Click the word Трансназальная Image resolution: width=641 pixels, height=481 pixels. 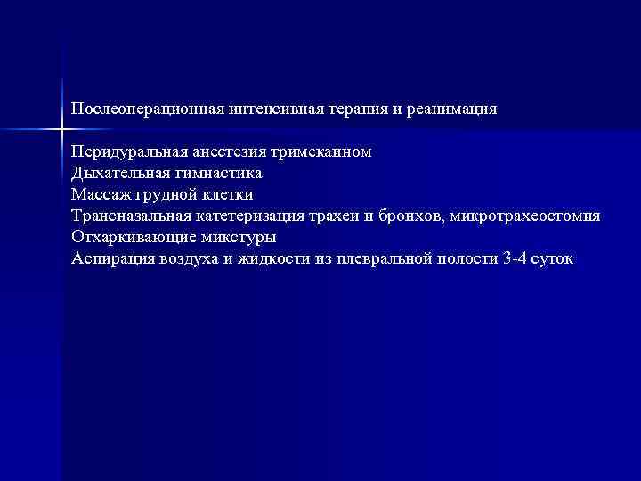pos(129,216)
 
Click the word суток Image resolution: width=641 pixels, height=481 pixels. pos(556,259)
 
